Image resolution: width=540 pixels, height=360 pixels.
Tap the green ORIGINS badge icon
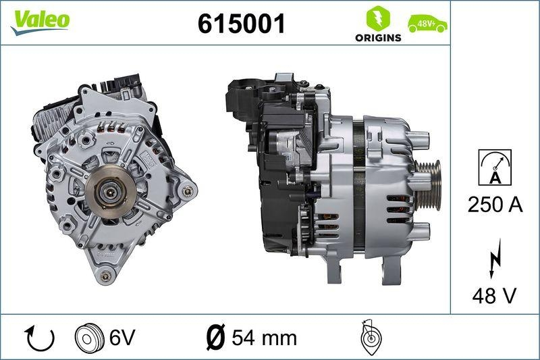click(377, 18)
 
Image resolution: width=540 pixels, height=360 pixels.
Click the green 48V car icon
click(427, 24)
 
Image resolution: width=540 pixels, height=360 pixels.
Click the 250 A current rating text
click(495, 205)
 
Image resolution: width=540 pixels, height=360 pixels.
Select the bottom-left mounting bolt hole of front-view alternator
click(104, 276)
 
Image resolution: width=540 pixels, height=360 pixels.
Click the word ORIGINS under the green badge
click(378, 38)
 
